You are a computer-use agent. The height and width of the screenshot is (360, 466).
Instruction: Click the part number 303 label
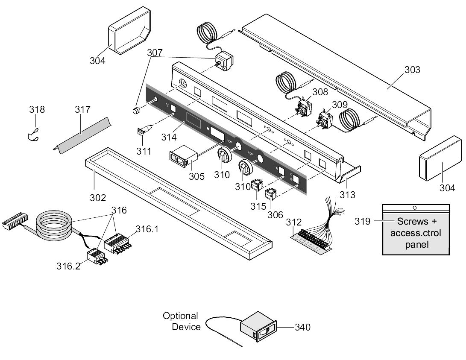[x=412, y=70]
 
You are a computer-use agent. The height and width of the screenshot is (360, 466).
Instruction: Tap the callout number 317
[x=82, y=110]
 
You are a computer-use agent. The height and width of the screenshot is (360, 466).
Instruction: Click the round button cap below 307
[x=136, y=111]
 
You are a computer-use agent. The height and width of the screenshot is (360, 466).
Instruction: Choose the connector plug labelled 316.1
[x=117, y=243]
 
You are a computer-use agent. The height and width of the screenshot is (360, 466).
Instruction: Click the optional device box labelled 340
[x=258, y=327]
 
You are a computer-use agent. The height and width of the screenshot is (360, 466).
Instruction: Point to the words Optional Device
[x=182, y=321]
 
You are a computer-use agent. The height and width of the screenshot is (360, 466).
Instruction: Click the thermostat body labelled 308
[x=304, y=106]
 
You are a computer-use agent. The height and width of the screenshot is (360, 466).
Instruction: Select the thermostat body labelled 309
[x=325, y=120]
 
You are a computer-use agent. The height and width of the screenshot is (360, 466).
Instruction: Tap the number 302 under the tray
[x=98, y=198]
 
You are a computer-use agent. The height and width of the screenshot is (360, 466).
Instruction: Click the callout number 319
[x=363, y=221]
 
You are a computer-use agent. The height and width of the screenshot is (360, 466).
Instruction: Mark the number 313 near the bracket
[x=347, y=195]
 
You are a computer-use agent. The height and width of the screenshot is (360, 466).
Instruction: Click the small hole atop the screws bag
[x=415, y=208]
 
